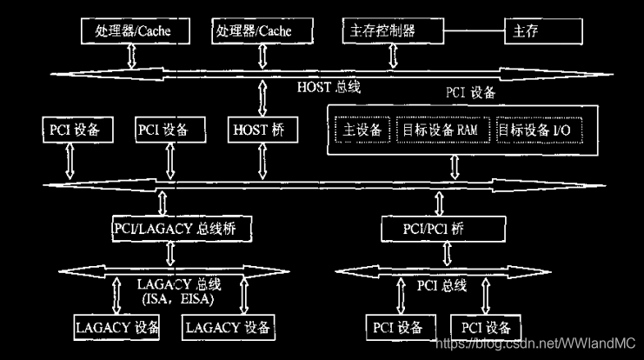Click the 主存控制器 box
pos(391,31)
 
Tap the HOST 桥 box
pos(260,130)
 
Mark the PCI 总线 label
pos(444,285)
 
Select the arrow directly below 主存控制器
pos(393,57)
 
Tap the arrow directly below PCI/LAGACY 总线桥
pos(170,253)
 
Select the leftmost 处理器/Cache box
pos(133,31)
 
